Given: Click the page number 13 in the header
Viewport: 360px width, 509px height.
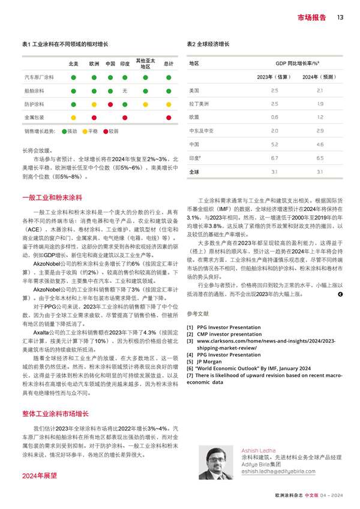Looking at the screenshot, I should [x=340, y=18].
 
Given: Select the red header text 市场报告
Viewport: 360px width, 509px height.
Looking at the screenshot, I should [x=312, y=18].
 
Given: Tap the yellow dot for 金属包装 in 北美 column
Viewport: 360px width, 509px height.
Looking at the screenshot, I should [x=73, y=118].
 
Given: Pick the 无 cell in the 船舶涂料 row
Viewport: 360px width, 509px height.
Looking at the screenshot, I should [x=125, y=91].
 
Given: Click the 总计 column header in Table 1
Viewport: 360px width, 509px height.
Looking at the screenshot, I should [x=169, y=64].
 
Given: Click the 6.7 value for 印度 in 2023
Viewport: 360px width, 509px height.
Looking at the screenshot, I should [x=274, y=158].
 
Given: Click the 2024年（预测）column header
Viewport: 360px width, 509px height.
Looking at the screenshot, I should [x=319, y=77].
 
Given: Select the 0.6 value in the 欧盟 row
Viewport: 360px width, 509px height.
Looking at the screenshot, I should [x=274, y=118].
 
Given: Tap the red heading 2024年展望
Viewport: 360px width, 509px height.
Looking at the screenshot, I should [x=39, y=475].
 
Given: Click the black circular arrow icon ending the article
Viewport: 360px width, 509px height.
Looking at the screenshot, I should [x=340, y=294].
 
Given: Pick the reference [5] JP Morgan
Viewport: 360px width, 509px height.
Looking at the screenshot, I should [x=211, y=362].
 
